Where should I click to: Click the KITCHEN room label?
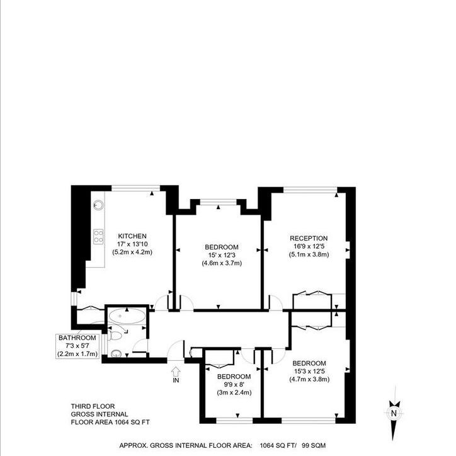pyautogui.click(x=132, y=236)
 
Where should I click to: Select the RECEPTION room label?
pyautogui.click(x=308, y=237)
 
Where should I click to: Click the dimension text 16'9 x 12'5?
pyautogui.click(x=308, y=246)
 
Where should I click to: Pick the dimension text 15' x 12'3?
pyautogui.click(x=222, y=254)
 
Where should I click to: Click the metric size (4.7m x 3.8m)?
pyautogui.click(x=309, y=380)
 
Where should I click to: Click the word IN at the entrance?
pyautogui.click(x=175, y=380)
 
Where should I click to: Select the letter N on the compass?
pyautogui.click(x=393, y=413)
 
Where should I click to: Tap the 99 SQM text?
pyautogui.click(x=312, y=445)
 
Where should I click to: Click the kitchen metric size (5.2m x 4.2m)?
pyautogui.click(x=132, y=252)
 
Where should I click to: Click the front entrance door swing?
pyautogui.click(x=177, y=350)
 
